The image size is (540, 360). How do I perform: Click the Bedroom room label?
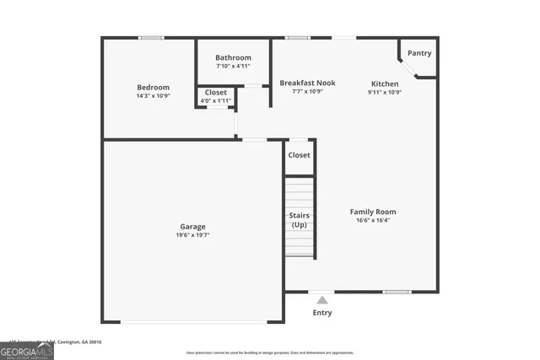coord(154,88)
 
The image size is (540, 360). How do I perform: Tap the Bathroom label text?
coord(233,57)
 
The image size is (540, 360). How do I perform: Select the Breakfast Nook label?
coord(308,83)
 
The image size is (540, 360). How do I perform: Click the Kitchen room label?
coord(385,83)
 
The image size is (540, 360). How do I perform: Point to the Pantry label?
coord(419,53)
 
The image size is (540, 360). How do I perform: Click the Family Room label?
coord(373,212)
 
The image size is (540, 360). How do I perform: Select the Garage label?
coord(193,226)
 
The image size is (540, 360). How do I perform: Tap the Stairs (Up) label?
coord(299,220)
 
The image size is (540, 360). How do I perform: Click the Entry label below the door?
coord(322,313)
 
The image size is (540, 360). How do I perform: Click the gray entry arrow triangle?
coord(322,299)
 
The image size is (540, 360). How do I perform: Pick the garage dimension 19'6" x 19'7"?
coord(193,236)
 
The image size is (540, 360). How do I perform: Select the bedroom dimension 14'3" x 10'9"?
coord(154,97)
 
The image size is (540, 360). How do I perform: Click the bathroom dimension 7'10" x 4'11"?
coord(233,67)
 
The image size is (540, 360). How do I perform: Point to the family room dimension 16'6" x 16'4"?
coord(373,221)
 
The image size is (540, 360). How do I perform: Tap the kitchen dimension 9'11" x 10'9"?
coord(385,92)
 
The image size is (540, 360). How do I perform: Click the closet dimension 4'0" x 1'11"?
coord(216,101)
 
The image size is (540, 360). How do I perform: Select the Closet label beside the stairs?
coord(299,155)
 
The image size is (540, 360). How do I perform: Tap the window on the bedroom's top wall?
coord(151,37)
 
